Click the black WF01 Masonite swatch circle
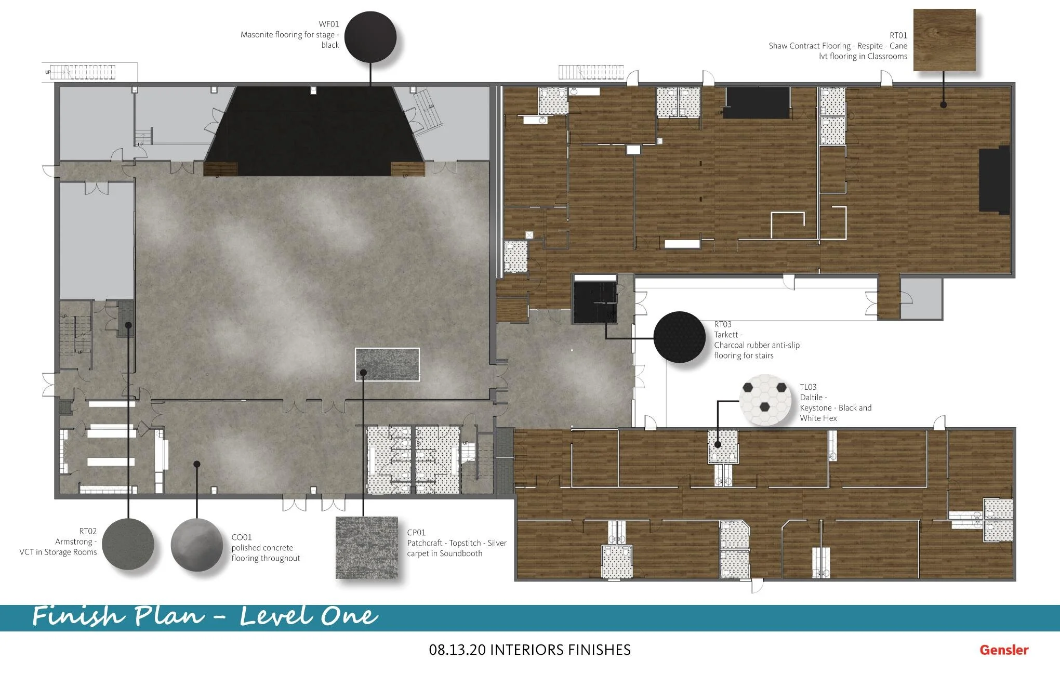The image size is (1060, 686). (x=370, y=37)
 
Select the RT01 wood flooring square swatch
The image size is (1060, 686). (x=944, y=40)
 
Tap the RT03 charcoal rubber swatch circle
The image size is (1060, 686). (x=679, y=337)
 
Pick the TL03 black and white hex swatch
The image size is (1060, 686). (x=765, y=400)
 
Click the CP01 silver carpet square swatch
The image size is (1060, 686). (x=366, y=548)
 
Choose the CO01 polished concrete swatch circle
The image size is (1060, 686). (x=196, y=545)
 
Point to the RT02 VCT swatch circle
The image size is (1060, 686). (x=128, y=544)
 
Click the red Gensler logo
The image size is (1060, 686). (x=1004, y=650)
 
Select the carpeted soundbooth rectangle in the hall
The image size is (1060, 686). (x=387, y=364)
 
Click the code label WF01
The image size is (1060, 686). (x=329, y=24)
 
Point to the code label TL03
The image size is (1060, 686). (x=808, y=387)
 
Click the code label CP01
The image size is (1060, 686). (x=416, y=533)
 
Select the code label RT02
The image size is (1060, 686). (x=88, y=531)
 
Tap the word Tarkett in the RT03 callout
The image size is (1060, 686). (x=726, y=335)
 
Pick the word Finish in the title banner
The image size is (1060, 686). (x=78, y=616)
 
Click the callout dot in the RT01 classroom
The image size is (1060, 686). (x=944, y=105)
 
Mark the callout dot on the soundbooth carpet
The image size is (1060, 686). (x=363, y=373)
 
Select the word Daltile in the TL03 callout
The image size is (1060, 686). (x=812, y=398)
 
